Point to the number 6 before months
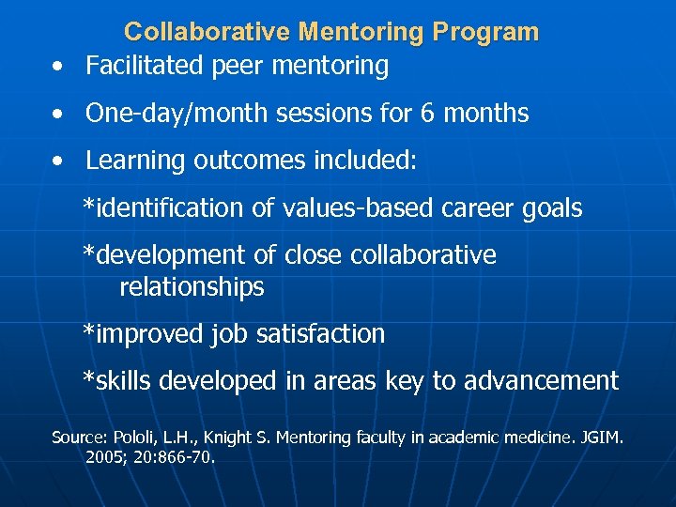coord(427,114)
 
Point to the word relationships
coord(192,287)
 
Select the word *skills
coord(118,380)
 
